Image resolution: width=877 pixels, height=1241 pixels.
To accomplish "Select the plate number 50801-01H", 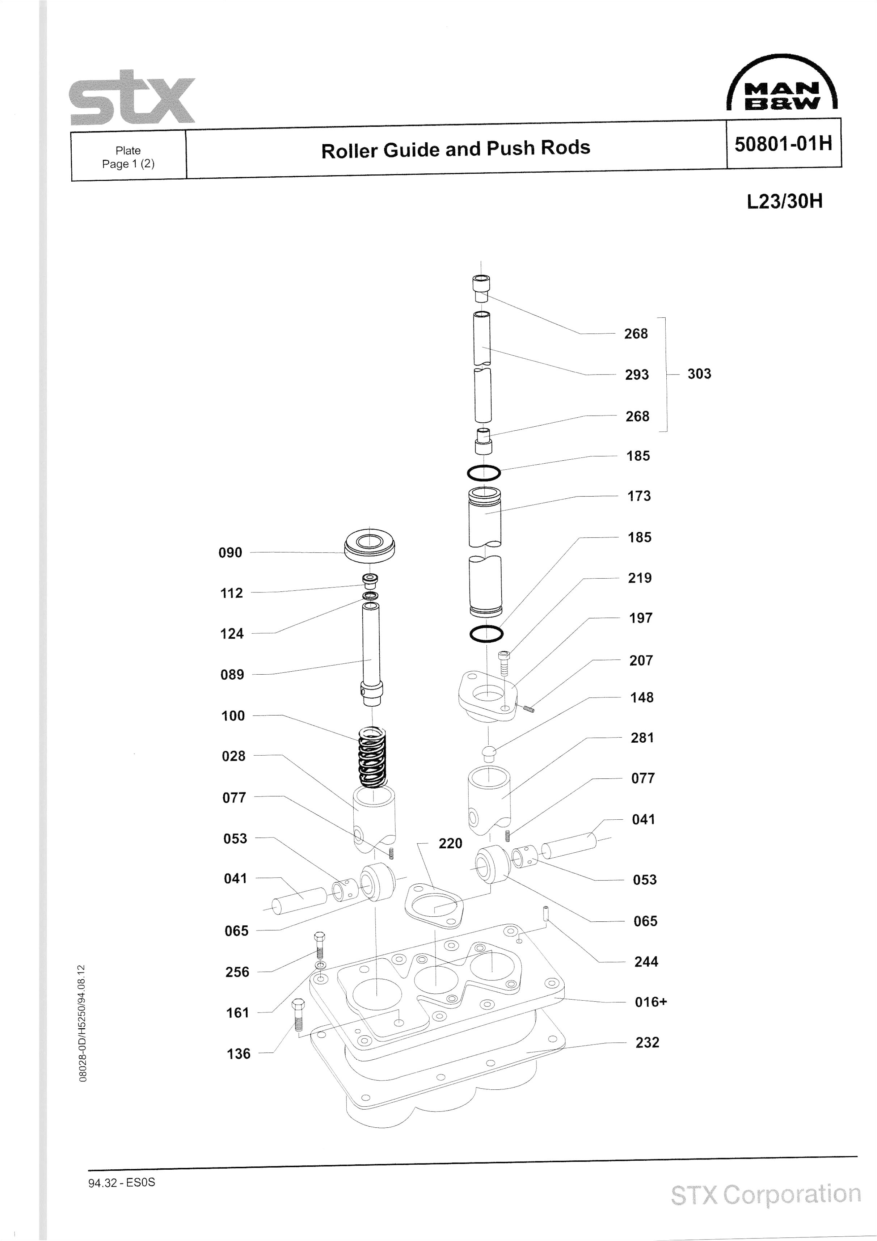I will click(x=783, y=144).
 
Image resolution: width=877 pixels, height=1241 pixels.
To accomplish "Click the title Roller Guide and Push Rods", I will click(x=455, y=149).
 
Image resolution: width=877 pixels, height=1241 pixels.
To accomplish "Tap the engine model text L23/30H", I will click(x=785, y=202).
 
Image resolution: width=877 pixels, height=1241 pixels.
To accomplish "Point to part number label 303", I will click(x=699, y=373).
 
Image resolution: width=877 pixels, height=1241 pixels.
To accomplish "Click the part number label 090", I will click(x=230, y=552).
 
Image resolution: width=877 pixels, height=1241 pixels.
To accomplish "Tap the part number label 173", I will click(x=638, y=496).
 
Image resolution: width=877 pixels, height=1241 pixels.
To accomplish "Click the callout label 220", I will click(x=450, y=844).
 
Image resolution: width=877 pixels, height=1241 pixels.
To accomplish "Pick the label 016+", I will click(x=650, y=1001).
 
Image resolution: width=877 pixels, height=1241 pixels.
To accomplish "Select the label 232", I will click(x=647, y=1042).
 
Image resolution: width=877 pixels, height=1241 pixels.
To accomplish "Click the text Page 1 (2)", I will click(x=128, y=164).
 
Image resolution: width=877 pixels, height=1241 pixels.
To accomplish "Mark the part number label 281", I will click(x=642, y=738).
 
